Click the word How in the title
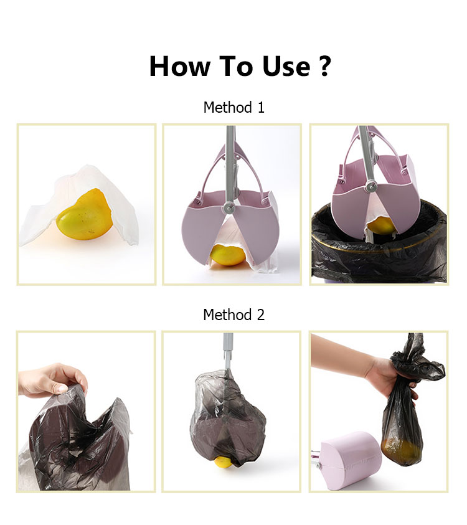[x=180, y=66]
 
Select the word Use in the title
[x=286, y=66]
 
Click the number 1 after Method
[x=261, y=108]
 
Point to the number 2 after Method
[x=260, y=315]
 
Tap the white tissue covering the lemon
[x=80, y=204]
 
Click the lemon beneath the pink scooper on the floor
[x=229, y=255]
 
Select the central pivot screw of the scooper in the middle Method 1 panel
[x=229, y=207]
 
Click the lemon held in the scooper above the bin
[x=381, y=226]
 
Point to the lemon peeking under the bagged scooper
[x=224, y=462]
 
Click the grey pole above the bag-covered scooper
[x=228, y=351]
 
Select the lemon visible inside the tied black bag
[x=400, y=452]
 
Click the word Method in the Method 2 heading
[x=227, y=315]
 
